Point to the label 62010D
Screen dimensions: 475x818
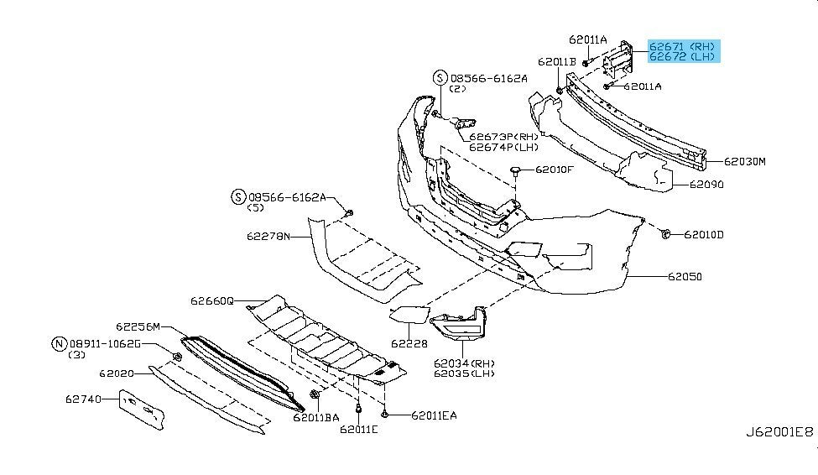703,234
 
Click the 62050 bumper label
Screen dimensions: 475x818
685,276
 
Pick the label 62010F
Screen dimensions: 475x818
555,170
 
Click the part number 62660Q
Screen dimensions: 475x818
211,300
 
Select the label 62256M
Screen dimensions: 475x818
138,326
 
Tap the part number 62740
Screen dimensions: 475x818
83,399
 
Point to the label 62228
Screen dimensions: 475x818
408,343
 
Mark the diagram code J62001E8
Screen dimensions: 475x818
779,432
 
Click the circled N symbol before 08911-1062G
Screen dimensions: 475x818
59,343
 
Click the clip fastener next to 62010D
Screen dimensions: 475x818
664,233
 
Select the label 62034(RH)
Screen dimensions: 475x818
464,363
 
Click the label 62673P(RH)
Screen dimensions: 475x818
503,137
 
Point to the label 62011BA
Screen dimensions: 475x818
315,415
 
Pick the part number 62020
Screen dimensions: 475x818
117,373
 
